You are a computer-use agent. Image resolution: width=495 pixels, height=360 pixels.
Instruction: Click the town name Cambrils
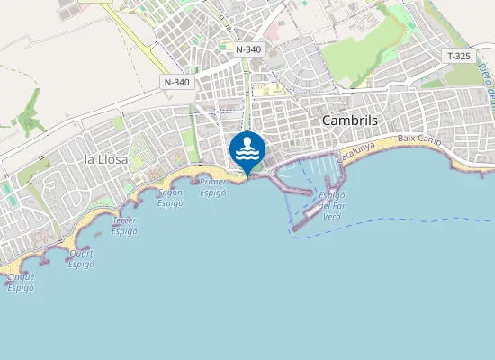point(349,121)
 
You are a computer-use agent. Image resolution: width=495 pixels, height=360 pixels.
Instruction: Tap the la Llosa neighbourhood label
point(106,159)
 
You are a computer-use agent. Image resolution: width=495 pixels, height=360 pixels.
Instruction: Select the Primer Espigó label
point(213,187)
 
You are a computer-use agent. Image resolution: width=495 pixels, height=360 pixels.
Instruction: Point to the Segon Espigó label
point(169,197)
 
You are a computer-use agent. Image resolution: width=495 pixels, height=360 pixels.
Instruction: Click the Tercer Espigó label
point(124,225)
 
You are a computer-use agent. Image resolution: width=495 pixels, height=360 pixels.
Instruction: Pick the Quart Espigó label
point(81,258)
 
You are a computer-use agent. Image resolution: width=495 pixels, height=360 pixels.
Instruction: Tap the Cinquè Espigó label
point(21,282)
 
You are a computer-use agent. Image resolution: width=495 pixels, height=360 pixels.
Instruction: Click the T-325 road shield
point(458,56)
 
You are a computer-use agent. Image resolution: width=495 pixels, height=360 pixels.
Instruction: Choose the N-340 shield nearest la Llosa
point(177,82)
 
